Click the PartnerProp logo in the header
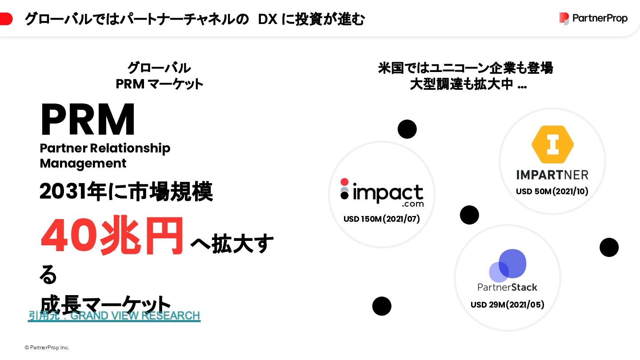(593, 18)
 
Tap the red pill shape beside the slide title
(6, 19)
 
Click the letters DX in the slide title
(268, 19)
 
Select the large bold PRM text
(88, 120)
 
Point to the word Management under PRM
(83, 164)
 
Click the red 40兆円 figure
(112, 236)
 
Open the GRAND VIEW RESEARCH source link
(114, 316)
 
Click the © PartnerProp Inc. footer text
(47, 348)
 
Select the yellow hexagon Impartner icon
(552, 144)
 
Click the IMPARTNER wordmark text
(552, 175)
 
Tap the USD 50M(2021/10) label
(552, 192)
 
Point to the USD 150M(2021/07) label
(382, 219)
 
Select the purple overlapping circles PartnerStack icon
(508, 265)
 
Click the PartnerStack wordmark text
(508, 287)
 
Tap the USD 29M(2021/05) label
(508, 304)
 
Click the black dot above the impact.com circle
(407, 129)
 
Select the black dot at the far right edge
(609, 248)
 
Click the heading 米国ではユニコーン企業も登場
(465, 68)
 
